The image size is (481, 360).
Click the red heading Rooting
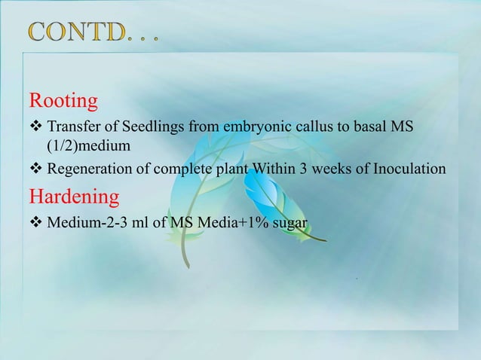63,100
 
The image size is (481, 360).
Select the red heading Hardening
75,197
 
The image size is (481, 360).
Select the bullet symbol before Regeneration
35,169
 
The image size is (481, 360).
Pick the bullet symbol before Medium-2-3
35,224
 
